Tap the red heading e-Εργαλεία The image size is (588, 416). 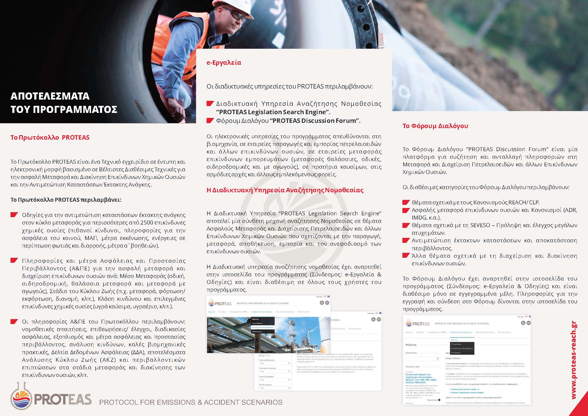click(x=224, y=63)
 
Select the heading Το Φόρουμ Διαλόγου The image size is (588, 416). click(x=435, y=126)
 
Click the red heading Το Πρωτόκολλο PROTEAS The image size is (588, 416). click(x=50, y=138)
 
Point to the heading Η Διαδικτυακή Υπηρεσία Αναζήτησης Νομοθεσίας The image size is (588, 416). click(x=285, y=190)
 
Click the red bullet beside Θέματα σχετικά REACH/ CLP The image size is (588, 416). click(x=406, y=202)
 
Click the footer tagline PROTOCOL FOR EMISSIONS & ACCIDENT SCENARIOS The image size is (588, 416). click(x=191, y=402)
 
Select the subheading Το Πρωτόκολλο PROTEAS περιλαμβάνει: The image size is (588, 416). click(x=66, y=200)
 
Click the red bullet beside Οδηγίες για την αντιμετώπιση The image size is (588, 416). click(x=14, y=215)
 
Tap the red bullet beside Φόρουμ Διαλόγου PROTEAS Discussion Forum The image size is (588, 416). click(x=210, y=121)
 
